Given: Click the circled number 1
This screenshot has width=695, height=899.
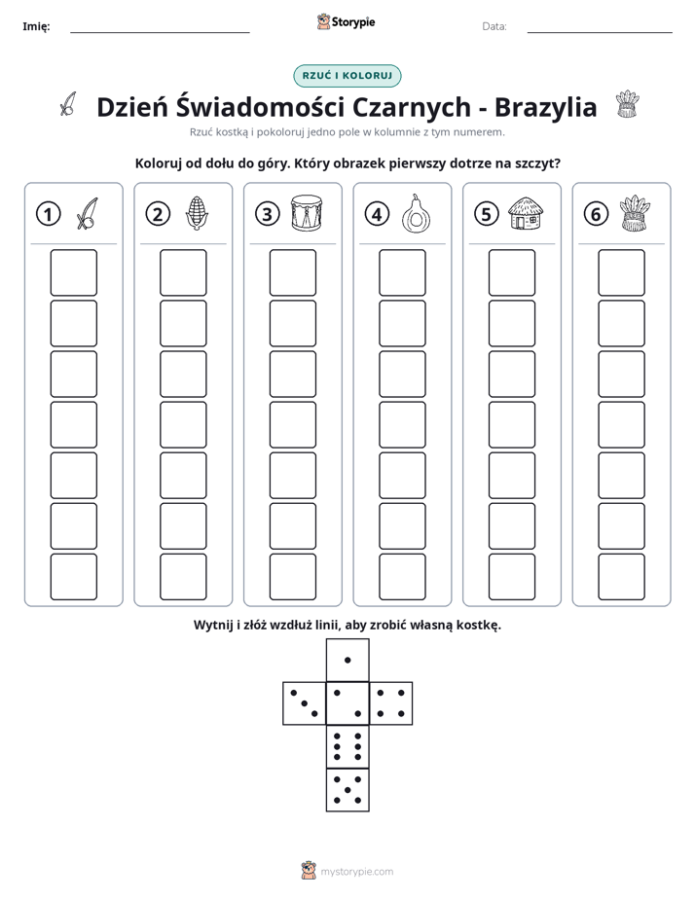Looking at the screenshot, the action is tap(48, 214).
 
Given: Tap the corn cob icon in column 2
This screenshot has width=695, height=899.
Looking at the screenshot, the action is tap(196, 214).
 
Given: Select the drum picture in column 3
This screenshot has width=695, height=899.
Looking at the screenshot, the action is tap(307, 213).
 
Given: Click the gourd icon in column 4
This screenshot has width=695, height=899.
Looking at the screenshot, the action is tap(416, 214).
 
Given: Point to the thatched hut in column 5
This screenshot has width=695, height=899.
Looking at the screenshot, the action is tap(526, 214).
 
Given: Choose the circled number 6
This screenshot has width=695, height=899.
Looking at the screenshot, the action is tap(596, 214).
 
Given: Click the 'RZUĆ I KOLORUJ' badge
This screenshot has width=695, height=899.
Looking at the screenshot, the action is tap(347, 76).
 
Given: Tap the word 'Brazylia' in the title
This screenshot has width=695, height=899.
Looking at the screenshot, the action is tap(545, 107).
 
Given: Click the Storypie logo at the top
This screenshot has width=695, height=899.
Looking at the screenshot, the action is tap(346, 21).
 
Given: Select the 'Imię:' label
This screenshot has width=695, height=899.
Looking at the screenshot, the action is tap(36, 26).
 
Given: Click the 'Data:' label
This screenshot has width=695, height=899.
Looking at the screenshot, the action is tap(494, 26).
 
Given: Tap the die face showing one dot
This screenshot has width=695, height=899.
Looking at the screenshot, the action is tap(347, 661).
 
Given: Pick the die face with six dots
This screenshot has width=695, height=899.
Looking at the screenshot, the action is tap(347, 746).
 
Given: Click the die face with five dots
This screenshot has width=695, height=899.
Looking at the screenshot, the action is tap(347, 789).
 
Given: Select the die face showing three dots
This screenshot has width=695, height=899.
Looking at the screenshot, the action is tap(305, 703).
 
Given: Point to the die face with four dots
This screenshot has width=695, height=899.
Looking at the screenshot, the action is tap(391, 703).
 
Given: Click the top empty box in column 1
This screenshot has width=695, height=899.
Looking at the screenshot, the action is tap(73, 272).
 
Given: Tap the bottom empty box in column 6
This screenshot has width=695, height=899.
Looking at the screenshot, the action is tap(622, 577).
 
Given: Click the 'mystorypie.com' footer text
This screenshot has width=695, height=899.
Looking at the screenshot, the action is tap(356, 872).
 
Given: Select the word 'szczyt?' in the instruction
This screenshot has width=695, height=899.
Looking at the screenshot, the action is tap(538, 163).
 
